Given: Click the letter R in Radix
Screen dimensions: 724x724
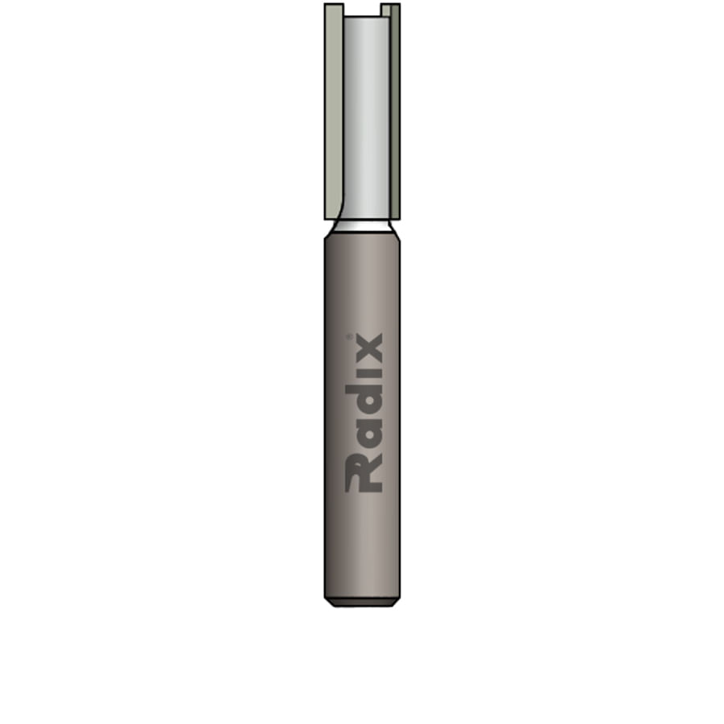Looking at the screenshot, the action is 364,474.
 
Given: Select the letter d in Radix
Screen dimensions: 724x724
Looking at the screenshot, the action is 364,401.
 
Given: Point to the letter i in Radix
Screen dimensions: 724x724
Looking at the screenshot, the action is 364,374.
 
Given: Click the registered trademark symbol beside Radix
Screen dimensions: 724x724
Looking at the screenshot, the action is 349,336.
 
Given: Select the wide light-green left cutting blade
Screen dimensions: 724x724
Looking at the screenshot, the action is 333,111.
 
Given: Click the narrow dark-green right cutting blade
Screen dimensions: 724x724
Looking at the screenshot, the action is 395,111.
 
